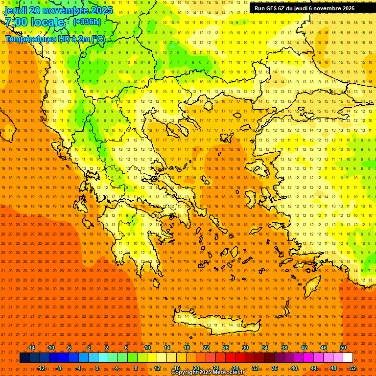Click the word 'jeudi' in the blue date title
point(16,10)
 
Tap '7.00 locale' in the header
point(34,22)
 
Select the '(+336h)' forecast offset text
point(87,22)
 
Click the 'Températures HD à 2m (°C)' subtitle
point(55,39)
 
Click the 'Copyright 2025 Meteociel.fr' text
point(208,373)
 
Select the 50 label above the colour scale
point(343,348)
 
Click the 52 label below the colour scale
point(353,368)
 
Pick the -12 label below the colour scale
point(41,368)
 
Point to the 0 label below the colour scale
point(97,368)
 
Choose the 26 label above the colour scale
point(226,348)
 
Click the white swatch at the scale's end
point(348,358)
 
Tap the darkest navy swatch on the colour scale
point(24,358)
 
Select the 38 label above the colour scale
point(284,348)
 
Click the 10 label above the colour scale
point(147,348)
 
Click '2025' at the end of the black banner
point(348,8)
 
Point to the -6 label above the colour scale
point(69,348)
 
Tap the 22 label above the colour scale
point(206,348)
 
